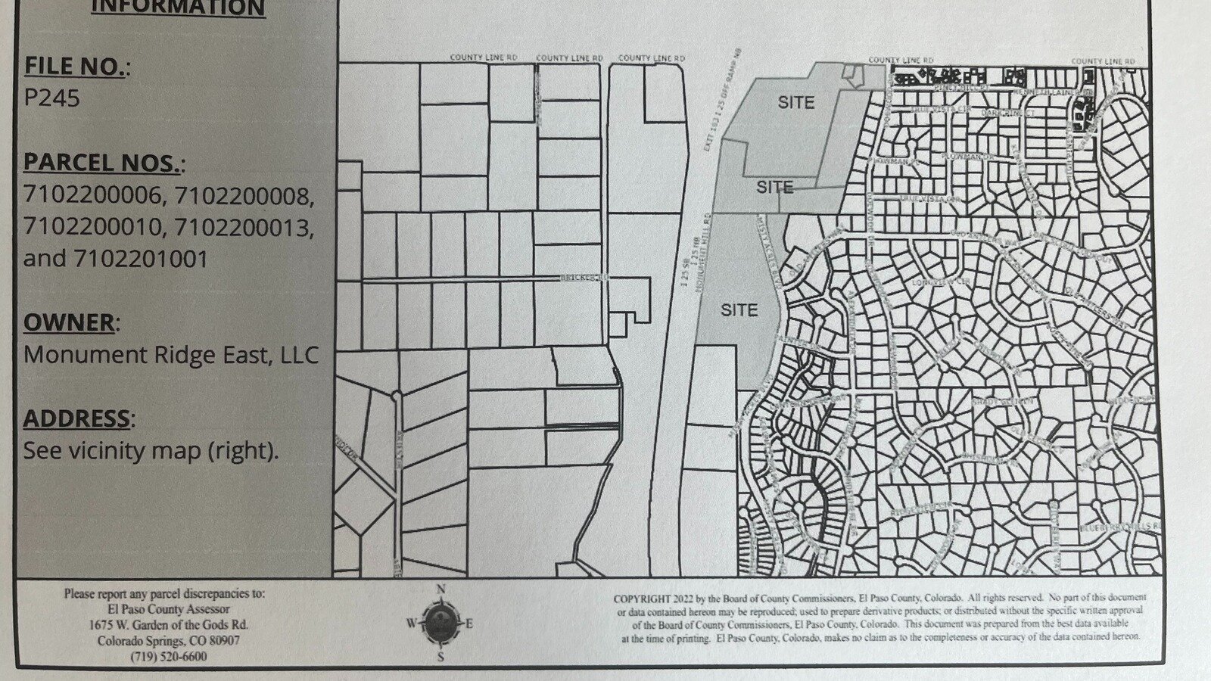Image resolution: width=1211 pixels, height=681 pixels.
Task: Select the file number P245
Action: coord(51,98)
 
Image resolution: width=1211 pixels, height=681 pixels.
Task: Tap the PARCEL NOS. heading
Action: coord(104,163)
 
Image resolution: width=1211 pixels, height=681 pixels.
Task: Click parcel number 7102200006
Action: coord(92,195)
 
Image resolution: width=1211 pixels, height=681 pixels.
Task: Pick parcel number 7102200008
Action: coord(243,195)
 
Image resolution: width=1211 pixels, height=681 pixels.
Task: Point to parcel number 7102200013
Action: coord(243,227)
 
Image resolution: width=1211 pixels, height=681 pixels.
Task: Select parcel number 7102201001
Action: coord(141,259)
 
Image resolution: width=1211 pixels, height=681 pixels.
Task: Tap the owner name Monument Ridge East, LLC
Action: coord(171,355)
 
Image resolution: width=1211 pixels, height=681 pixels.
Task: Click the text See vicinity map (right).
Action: coord(151,451)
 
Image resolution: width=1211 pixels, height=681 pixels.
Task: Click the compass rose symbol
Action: coord(440,623)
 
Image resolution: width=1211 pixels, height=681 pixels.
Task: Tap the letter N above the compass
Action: coord(441,589)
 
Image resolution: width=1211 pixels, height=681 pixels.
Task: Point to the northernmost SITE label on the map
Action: coord(796,102)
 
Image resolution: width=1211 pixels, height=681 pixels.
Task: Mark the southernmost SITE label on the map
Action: coord(739,309)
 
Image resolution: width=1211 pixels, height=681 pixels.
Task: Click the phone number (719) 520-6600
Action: coord(168,656)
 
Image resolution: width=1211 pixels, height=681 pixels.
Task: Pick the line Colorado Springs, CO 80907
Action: coord(168,640)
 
